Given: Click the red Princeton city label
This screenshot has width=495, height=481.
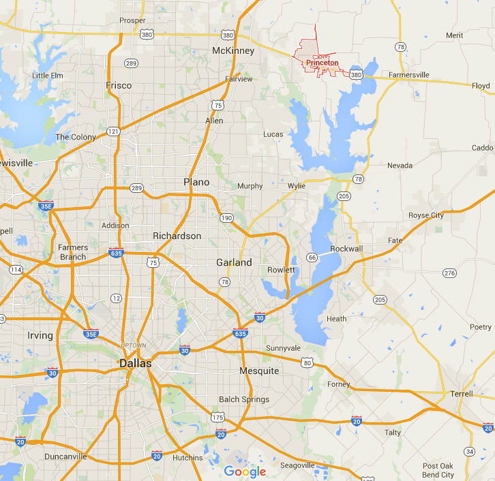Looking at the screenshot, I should (322, 63).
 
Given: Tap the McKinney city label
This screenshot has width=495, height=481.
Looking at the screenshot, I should (233, 51).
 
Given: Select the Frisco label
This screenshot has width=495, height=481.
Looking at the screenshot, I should (119, 86).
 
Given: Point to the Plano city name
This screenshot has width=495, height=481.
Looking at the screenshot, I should (197, 182).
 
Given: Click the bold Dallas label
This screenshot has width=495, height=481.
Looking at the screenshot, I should (135, 364).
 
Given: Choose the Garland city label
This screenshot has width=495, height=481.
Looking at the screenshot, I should (234, 262).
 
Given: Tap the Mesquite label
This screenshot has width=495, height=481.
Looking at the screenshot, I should (259, 371).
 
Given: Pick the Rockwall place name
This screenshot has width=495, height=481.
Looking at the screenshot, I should (346, 249).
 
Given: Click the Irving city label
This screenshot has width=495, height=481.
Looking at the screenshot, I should (40, 336).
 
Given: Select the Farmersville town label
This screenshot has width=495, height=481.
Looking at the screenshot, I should (409, 74).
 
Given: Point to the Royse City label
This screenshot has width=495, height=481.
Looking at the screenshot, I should (425, 215).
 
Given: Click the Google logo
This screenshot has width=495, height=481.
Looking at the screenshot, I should (245, 471).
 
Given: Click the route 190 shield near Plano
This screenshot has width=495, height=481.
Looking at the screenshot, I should (226, 218).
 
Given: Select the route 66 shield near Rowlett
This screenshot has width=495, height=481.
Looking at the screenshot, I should (312, 257).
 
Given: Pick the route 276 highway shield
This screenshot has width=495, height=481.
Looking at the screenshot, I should (449, 273).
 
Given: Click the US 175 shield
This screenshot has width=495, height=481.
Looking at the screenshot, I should (217, 417).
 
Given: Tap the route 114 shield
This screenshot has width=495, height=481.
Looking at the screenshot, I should (14, 270).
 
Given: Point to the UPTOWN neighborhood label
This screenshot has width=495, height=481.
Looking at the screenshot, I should (134, 345).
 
